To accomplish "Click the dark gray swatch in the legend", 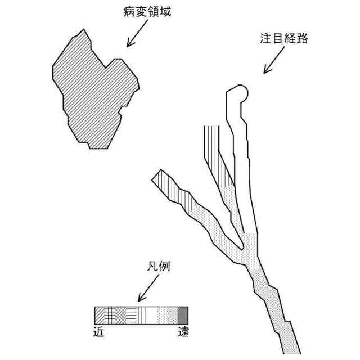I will click(x=183, y=314).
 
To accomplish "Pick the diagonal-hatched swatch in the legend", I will click(x=100, y=314).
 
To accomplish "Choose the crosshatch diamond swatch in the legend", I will click(x=119, y=314).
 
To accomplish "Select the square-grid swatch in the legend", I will click(x=110, y=314).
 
